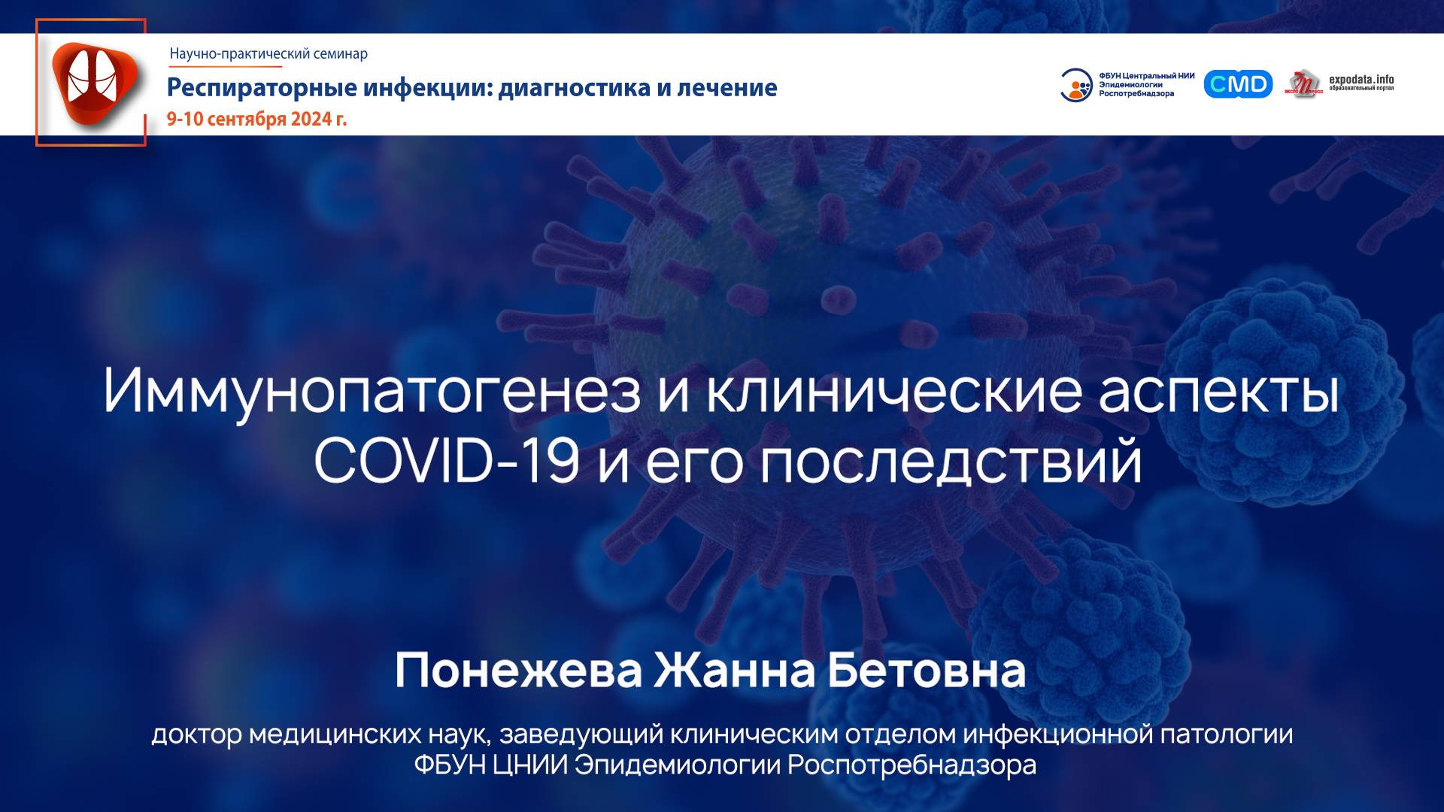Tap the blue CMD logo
click(1238, 84)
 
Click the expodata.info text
click(1361, 80)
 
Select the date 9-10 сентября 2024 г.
click(256, 119)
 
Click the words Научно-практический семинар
click(268, 53)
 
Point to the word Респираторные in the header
click(262, 88)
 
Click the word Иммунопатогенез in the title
click(372, 391)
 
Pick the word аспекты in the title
click(1219, 391)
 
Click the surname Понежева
click(518, 670)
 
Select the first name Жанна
click(734, 670)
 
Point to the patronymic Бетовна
click(927, 670)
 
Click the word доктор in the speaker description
click(196, 734)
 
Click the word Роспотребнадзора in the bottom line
click(912, 765)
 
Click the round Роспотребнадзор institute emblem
click(1076, 85)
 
